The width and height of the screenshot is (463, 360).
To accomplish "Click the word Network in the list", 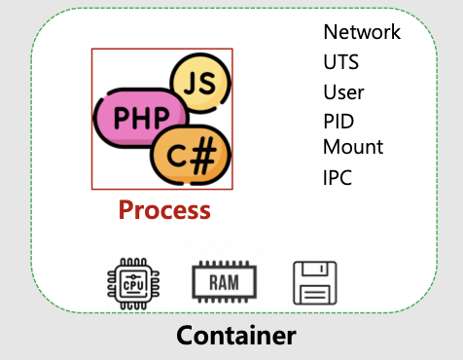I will (361, 32).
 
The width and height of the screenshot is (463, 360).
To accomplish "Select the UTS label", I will (340, 62).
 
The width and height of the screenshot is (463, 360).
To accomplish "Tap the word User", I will (343, 92).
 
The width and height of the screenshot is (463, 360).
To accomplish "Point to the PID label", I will (338, 123).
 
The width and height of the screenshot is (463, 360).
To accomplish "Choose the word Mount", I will (353, 148).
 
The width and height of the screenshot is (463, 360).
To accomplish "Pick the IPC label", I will (338, 178).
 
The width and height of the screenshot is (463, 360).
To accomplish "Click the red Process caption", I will (163, 209).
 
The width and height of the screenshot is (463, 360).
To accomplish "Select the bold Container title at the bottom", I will (235, 337).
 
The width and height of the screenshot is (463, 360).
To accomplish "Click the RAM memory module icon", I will (224, 283).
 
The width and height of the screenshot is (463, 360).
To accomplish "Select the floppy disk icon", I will (315, 283).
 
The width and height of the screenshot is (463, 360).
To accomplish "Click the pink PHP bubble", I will (134, 118).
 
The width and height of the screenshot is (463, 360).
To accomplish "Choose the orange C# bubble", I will (191, 155).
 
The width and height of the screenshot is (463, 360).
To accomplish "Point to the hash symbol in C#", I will (204, 156).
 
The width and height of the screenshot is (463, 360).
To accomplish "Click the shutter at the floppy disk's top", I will (314, 270).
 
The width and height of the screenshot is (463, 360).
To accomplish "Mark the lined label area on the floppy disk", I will (315, 294).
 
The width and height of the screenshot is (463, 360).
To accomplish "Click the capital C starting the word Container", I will (186, 337).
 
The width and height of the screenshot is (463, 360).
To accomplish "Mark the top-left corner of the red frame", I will (92, 50).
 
